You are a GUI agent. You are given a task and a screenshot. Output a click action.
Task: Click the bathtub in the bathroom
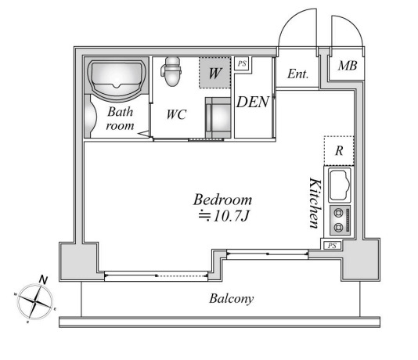(117, 81)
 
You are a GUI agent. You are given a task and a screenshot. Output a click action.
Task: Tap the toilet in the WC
(171, 71)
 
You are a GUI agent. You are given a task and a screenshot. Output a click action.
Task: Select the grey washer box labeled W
(214, 73)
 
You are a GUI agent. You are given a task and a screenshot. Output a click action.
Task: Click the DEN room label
(253, 102)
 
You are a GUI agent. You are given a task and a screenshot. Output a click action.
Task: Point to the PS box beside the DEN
(242, 63)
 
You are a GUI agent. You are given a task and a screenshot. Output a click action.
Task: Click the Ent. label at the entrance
(297, 74)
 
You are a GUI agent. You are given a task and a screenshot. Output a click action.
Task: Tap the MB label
(347, 66)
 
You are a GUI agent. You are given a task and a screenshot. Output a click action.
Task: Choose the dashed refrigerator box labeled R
(339, 150)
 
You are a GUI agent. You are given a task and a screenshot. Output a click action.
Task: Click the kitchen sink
(340, 185)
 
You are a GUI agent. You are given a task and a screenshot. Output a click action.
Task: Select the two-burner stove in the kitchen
(341, 221)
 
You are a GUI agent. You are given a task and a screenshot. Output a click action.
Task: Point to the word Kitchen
(315, 203)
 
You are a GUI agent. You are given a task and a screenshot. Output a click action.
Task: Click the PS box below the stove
(333, 245)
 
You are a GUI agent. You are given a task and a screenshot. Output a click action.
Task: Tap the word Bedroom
(222, 200)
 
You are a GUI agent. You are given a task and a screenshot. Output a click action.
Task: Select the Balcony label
(231, 299)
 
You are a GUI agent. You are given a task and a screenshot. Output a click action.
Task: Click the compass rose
(35, 301)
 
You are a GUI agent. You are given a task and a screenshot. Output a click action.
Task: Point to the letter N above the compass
(43, 280)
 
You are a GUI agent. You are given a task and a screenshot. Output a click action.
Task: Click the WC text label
(176, 114)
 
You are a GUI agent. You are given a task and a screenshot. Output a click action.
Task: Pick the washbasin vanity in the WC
(218, 117)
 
